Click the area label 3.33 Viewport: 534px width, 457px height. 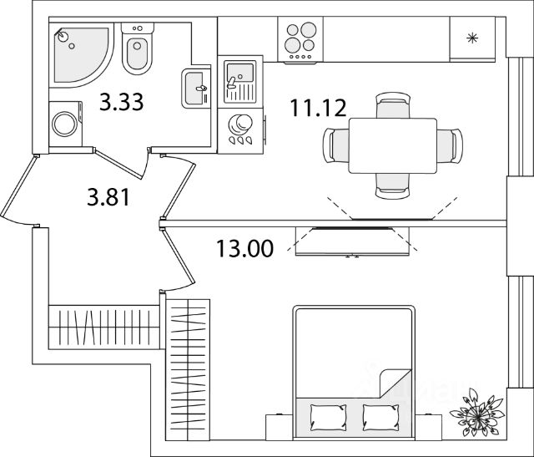tap(122, 102)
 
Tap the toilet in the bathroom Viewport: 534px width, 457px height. tap(136, 50)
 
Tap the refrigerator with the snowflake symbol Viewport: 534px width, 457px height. tap(472, 38)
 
